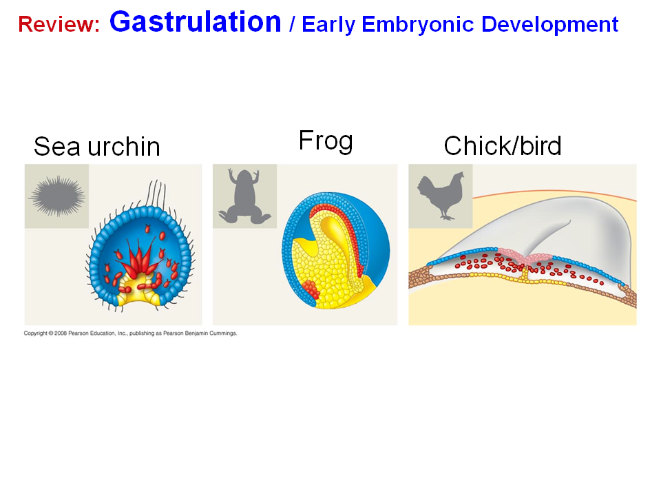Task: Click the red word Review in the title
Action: (59, 24)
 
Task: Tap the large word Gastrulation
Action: (195, 21)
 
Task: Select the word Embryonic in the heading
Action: (417, 25)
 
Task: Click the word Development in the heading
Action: (549, 24)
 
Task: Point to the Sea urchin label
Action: (97, 146)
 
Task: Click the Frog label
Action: (326, 141)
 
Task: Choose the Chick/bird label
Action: (503, 145)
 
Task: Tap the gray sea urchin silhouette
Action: (58, 196)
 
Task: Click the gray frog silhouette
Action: (244, 196)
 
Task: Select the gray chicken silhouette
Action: (441, 196)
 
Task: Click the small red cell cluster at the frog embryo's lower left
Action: (311, 290)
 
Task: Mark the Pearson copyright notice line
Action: (130, 333)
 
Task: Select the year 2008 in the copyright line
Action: (61, 333)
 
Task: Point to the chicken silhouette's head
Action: (458, 177)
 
